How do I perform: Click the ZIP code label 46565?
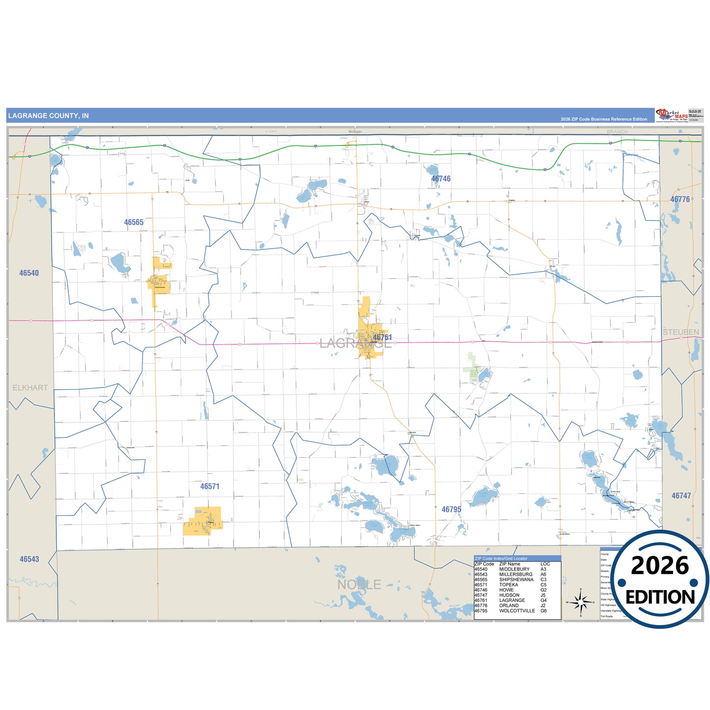pos(134,223)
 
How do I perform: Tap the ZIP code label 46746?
pos(441,179)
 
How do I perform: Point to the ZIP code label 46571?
pos(210,486)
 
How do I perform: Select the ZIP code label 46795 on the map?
pos(451,510)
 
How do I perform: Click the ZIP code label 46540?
pos(29,273)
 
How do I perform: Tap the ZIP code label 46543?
pos(29,559)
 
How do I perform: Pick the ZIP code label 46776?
pos(680,199)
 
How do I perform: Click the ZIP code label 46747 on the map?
pos(681,496)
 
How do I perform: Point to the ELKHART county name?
pos(30,388)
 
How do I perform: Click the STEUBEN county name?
pos(681,332)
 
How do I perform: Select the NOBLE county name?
pos(359,585)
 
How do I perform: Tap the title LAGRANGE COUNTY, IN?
pos(49,116)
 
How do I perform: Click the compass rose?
pos(580,601)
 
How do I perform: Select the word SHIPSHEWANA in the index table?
pos(516,580)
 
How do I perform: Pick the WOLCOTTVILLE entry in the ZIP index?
pos(517,611)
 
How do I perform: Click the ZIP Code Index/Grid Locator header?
pos(501,559)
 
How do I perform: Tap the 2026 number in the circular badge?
pos(660,566)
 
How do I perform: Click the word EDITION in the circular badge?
pos(660,597)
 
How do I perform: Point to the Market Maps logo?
pos(671,115)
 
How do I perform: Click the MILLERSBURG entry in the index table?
pos(515,574)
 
